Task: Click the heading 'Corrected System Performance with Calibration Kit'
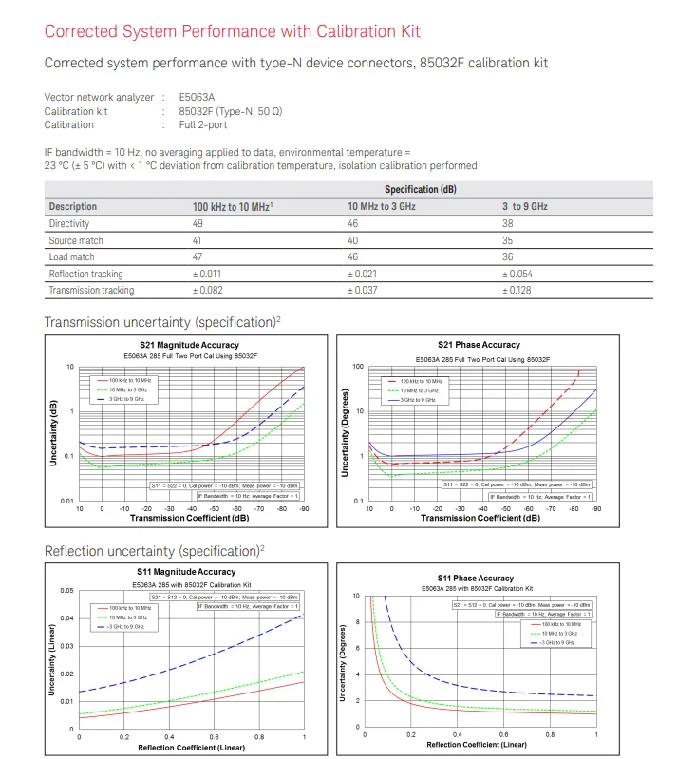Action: [233, 31]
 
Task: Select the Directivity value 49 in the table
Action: [199, 224]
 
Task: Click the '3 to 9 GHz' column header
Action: [524, 207]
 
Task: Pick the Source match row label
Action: [76, 241]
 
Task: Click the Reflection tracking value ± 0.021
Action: [367, 275]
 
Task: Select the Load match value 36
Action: [508, 257]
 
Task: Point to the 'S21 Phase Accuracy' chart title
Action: [480, 345]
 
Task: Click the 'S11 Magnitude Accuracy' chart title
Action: [186, 572]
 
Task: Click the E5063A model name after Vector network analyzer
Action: [197, 97]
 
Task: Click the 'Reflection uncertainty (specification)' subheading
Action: [153, 551]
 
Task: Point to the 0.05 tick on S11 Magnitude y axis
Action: [66, 591]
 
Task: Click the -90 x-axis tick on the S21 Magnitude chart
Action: [304, 508]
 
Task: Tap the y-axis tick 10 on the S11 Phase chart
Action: [356, 597]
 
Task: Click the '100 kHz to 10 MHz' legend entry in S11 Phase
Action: [563, 624]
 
